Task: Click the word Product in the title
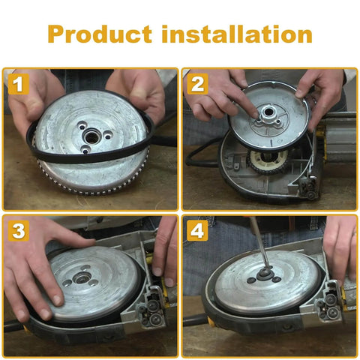(x=100, y=34)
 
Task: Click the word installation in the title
(x=237, y=34)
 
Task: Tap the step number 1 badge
(x=19, y=84)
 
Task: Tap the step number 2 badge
(x=197, y=84)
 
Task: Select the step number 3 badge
(x=19, y=230)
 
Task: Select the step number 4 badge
(x=197, y=230)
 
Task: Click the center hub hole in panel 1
(x=92, y=136)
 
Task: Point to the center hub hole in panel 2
(x=268, y=112)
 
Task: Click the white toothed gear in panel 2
(x=267, y=160)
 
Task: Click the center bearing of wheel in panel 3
(x=81, y=277)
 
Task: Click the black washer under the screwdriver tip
(x=265, y=273)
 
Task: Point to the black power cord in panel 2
(x=201, y=155)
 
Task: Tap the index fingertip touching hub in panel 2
(x=255, y=115)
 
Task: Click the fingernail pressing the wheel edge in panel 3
(x=57, y=300)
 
